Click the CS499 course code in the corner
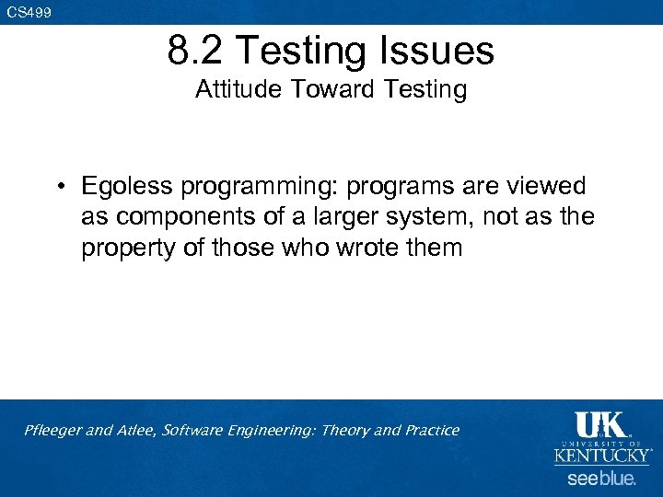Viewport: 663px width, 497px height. (x=29, y=12)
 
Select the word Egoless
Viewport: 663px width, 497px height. (x=127, y=187)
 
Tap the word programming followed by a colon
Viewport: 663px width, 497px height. (x=258, y=187)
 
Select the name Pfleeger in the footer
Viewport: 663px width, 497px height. (x=53, y=431)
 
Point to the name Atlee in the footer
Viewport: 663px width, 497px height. (x=135, y=431)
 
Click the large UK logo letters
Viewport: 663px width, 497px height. (x=600, y=424)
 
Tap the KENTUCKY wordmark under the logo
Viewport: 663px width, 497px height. (x=602, y=456)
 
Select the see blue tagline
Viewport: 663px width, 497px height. (x=601, y=479)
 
